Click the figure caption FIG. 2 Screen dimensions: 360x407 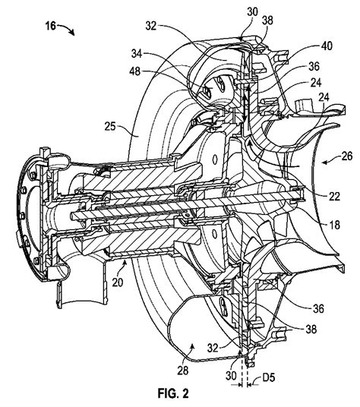click(173, 393)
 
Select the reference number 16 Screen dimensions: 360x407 click(51, 26)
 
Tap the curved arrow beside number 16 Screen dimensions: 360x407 click(66, 29)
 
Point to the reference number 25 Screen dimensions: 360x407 click(111, 127)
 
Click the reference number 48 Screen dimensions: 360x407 click(135, 71)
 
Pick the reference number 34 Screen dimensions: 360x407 click(137, 53)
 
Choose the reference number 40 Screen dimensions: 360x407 click(327, 46)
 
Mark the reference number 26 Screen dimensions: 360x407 click(346, 156)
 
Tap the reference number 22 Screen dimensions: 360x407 click(334, 196)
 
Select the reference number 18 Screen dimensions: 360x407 click(334, 225)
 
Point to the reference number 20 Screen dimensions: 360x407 click(118, 282)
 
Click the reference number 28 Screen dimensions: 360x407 click(183, 370)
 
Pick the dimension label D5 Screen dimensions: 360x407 click(268, 377)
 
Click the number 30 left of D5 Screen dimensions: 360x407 click(231, 376)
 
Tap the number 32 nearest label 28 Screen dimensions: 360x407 click(213, 348)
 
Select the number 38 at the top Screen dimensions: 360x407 click(267, 20)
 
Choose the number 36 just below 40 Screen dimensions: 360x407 click(314, 67)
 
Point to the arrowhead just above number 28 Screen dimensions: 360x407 click(192, 345)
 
